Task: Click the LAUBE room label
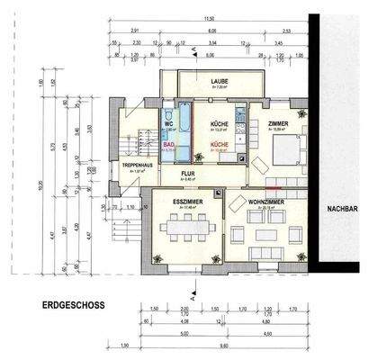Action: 220,81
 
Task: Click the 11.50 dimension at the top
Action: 209,18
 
